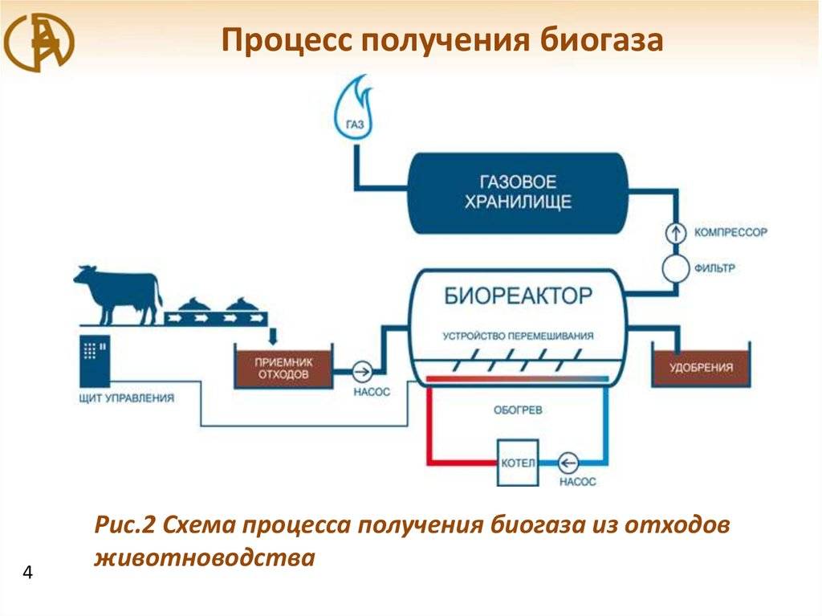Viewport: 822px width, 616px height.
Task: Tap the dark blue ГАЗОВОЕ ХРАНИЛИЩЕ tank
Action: coord(518,193)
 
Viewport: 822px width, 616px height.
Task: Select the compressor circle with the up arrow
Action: coord(676,232)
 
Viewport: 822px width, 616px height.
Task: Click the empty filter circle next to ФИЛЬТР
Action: coord(676,269)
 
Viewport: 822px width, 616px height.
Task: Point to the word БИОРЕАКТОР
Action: coord(518,296)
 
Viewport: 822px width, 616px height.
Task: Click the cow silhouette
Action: coord(117,295)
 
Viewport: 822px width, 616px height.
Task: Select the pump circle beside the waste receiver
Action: coord(362,372)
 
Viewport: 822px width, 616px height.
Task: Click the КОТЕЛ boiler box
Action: coord(518,463)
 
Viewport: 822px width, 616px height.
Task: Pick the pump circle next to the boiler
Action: coord(568,463)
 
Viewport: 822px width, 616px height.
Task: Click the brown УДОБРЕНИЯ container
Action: coord(701,365)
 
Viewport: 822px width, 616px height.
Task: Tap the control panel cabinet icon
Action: coord(95,361)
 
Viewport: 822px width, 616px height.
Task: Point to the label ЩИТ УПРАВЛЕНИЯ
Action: coord(126,398)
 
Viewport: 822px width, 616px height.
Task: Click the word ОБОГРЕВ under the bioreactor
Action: coord(518,410)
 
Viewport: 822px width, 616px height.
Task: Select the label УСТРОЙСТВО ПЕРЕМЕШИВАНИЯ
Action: coord(518,336)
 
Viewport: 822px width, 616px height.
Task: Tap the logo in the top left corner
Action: coord(39,43)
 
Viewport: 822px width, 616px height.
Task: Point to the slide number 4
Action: coord(27,572)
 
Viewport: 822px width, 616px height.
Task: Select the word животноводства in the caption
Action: coord(205,557)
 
